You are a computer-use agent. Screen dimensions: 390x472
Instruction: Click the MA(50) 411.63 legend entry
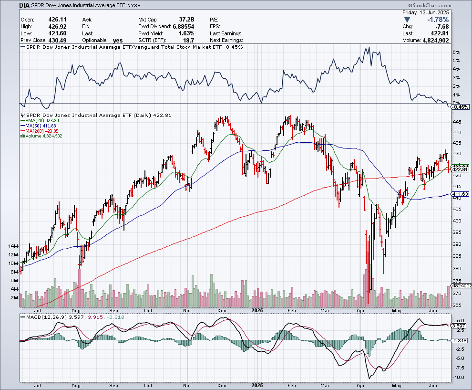pyautogui.click(x=42, y=126)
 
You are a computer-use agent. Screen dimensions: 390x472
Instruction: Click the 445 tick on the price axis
pyautogui.click(x=456, y=122)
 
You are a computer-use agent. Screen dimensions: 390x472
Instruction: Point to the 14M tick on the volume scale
pyautogui.click(x=13, y=246)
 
